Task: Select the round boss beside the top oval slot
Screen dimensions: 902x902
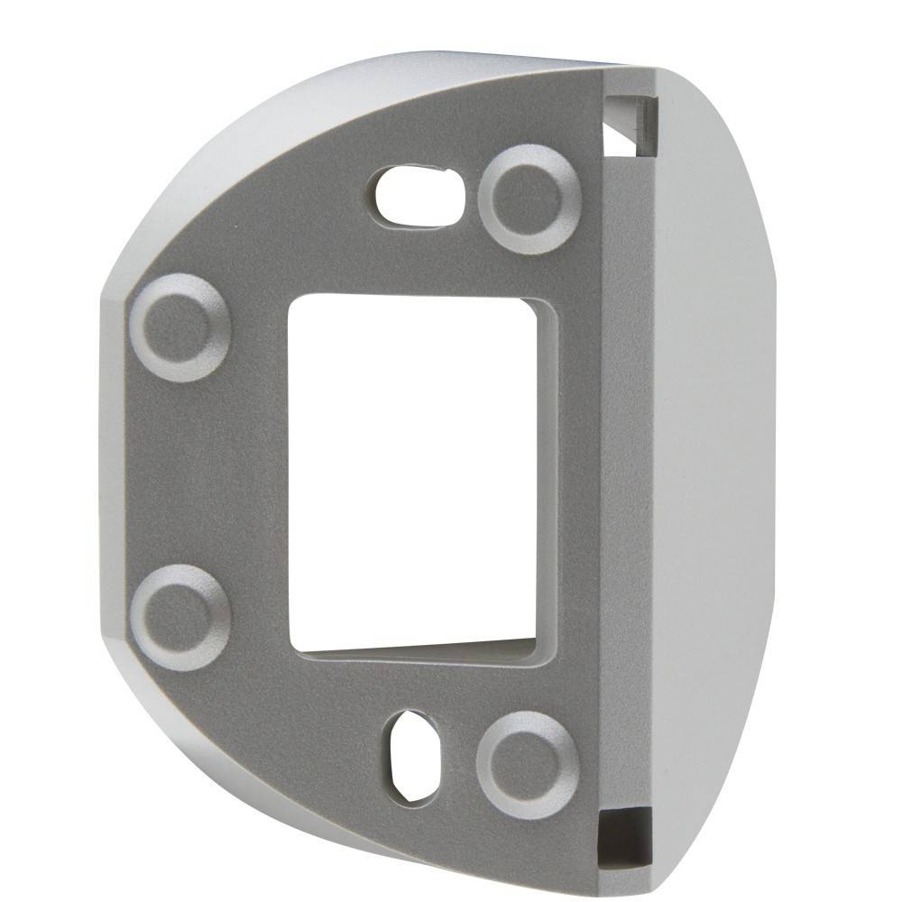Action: point(529,199)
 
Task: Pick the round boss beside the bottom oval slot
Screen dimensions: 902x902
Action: point(527,764)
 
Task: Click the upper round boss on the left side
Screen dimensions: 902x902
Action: point(180,327)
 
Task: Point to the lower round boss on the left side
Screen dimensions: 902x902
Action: point(180,617)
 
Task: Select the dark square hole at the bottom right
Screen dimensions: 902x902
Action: point(624,834)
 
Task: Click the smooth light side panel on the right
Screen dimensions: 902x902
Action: point(713,451)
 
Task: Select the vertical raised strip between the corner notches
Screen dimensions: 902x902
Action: point(626,469)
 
